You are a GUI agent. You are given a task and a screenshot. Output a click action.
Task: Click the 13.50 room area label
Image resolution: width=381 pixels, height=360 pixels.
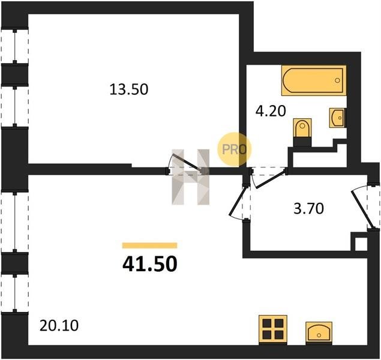[129, 89]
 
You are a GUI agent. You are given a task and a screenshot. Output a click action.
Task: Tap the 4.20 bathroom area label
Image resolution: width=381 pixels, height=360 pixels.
[271, 112]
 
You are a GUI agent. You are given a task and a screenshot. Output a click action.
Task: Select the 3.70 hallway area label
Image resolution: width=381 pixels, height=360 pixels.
[308, 209]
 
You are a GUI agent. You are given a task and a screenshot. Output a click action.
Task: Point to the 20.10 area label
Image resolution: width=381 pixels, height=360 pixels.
[59, 326]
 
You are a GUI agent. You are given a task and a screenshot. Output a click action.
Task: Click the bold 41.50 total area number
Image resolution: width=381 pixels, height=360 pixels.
[149, 264]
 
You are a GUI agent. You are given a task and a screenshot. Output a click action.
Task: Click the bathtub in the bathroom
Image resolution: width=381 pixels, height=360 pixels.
[314, 80]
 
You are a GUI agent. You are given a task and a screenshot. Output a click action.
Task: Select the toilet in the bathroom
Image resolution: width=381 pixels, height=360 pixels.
[302, 128]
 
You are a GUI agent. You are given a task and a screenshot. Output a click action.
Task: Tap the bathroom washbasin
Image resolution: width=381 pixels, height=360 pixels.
[337, 118]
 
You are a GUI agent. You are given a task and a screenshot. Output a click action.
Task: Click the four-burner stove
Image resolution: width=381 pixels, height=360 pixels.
[273, 329]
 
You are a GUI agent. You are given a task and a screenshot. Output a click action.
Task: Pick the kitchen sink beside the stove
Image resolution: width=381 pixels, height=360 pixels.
[319, 332]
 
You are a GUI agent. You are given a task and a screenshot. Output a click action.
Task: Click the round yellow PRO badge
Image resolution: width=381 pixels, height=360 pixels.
[234, 149]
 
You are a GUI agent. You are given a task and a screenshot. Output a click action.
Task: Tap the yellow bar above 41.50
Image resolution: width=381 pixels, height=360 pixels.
[149, 245]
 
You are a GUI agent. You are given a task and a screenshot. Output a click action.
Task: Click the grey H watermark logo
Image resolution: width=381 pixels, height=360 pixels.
[191, 177]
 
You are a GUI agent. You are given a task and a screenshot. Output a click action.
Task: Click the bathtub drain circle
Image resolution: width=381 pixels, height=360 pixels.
[337, 80]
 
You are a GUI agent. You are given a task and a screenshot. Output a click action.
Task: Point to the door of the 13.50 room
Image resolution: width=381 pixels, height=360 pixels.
[186, 163]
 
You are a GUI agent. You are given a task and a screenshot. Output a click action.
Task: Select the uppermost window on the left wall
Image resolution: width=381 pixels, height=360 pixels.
[15, 46]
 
